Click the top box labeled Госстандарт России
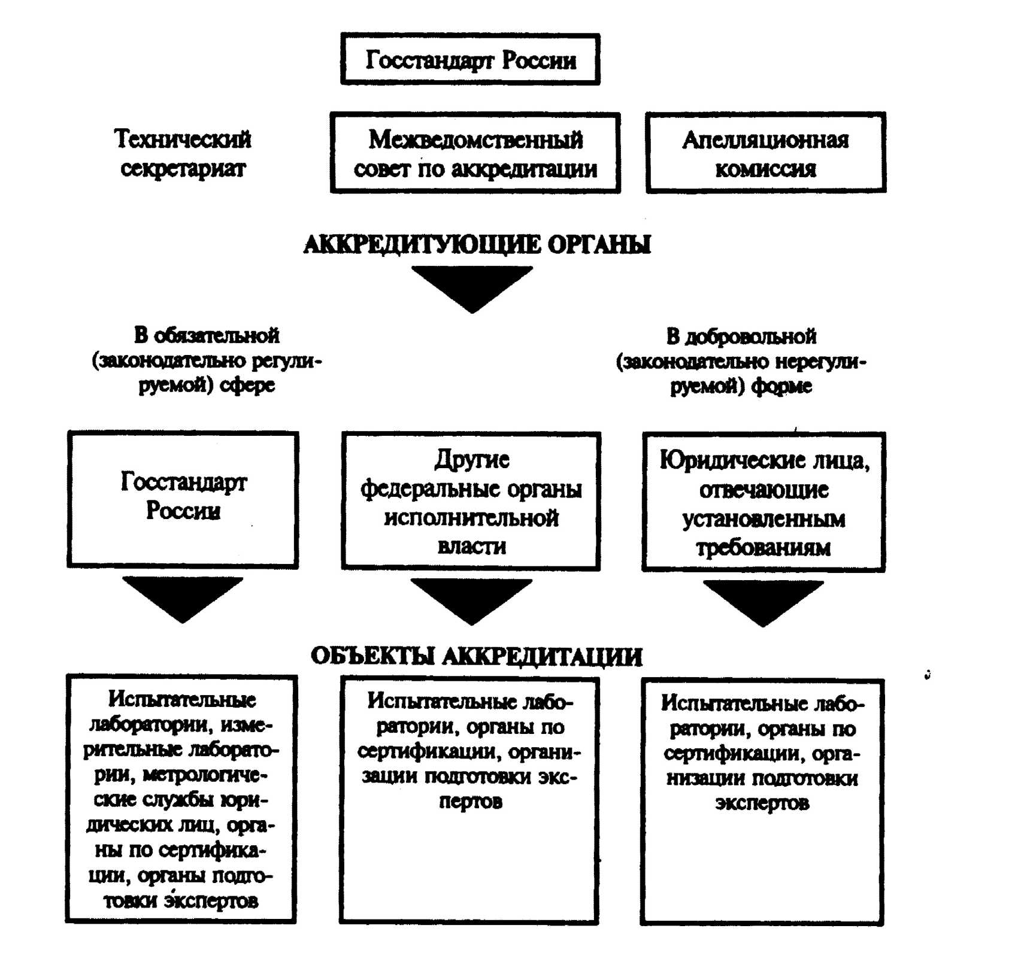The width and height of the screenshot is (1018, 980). (x=470, y=59)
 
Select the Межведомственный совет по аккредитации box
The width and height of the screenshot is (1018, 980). (x=475, y=153)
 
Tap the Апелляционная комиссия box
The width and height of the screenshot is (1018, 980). (x=765, y=153)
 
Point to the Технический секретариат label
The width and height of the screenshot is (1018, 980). (x=183, y=153)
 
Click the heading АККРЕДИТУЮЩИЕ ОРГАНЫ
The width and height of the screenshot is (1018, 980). (x=477, y=244)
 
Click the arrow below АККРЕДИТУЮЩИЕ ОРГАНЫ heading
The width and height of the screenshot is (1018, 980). (x=472, y=287)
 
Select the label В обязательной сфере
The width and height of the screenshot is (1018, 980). (x=207, y=360)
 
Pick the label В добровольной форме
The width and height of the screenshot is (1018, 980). (x=741, y=361)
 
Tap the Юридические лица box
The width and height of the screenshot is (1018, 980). (x=764, y=502)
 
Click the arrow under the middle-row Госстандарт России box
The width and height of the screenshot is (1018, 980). (x=183, y=597)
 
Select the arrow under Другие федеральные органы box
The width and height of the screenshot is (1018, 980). (x=471, y=599)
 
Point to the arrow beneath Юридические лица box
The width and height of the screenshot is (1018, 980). (x=763, y=601)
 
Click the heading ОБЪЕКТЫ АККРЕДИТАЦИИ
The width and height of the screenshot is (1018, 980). (x=476, y=657)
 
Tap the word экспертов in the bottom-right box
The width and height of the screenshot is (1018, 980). (x=762, y=803)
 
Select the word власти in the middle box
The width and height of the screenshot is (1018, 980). (x=471, y=546)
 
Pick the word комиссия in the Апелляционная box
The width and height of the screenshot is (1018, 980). (x=765, y=169)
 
